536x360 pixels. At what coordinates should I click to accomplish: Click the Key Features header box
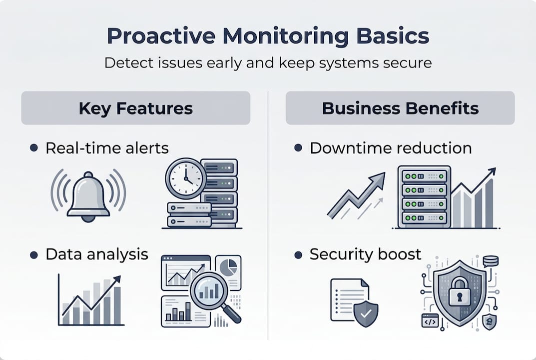coord(135,108)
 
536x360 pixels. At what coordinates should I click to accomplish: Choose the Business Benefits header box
coord(400,108)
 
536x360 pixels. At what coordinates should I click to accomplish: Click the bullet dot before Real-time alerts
coord(34,148)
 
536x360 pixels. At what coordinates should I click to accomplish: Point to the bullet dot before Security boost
coord(298,254)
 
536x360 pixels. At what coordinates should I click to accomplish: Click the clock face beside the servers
coord(185,178)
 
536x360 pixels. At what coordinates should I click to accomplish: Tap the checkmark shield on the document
coord(366,314)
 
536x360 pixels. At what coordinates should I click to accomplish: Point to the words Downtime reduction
coord(391,148)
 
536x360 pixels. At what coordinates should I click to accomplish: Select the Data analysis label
coord(97,254)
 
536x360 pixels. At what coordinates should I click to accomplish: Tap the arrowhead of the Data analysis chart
coord(116,280)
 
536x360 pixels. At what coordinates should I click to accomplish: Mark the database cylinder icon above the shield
coord(491,261)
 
